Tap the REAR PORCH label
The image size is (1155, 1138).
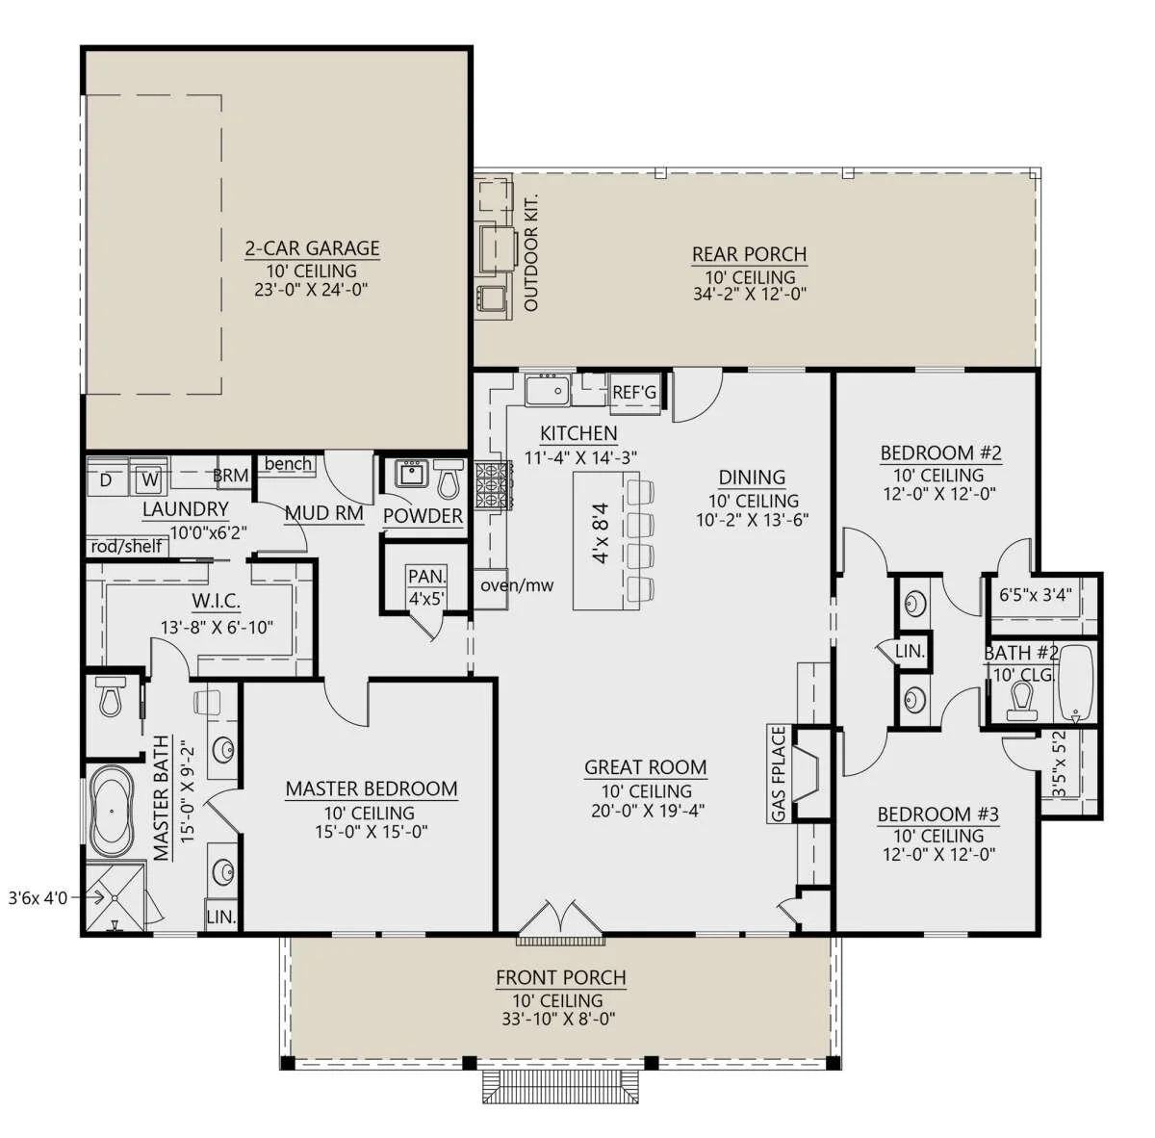pyautogui.click(x=749, y=255)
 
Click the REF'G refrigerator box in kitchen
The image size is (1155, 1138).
pyautogui.click(x=635, y=393)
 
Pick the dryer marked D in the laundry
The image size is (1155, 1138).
pyautogui.click(x=106, y=478)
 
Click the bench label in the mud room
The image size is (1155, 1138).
pyautogui.click(x=288, y=464)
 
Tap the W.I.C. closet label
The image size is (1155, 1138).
pyautogui.click(x=215, y=603)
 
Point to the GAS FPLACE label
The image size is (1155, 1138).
pyautogui.click(x=779, y=774)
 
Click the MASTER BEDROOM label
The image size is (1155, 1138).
pyautogui.click(x=371, y=789)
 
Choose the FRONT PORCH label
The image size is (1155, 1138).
pyautogui.click(x=560, y=978)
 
